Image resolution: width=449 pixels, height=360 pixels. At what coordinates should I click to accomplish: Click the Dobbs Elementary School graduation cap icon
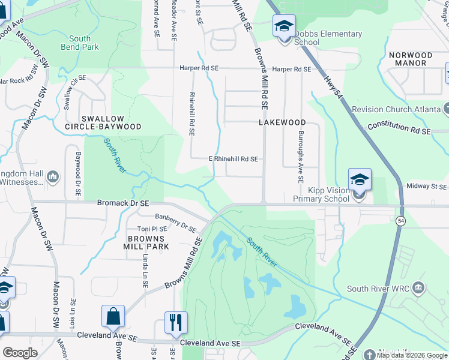pos(284,26)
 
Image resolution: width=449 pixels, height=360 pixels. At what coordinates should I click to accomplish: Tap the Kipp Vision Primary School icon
pos(360,180)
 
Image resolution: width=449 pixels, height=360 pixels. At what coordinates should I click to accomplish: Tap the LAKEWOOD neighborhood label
pos(282,122)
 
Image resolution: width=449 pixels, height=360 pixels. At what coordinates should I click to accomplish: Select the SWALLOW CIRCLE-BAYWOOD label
pos(103,122)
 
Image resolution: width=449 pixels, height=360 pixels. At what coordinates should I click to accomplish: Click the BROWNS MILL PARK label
pos(144,242)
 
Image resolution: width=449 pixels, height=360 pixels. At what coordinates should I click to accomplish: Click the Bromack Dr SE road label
pos(123,203)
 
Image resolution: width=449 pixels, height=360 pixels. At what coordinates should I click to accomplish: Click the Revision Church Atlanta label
pos(391,109)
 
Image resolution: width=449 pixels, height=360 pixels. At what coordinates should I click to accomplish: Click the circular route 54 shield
pos(400,221)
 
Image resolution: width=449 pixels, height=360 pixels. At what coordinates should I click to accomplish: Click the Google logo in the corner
pos(20,353)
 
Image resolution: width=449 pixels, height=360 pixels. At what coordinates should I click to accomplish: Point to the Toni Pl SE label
pos(152,229)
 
